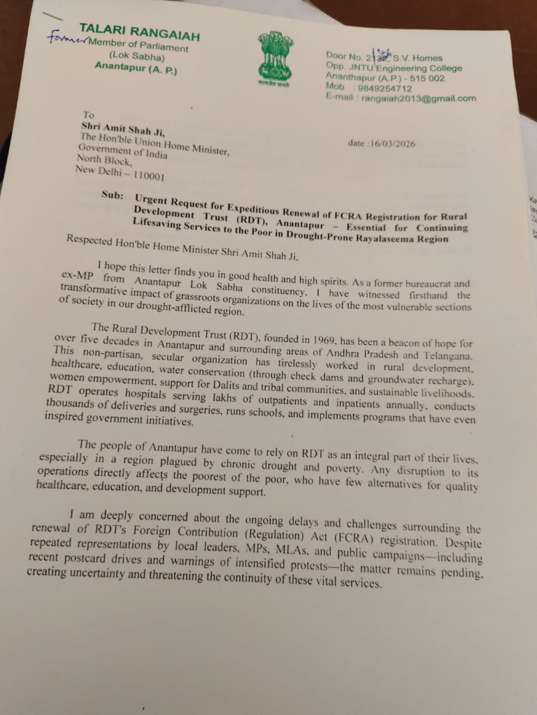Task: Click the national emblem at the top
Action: point(275,55)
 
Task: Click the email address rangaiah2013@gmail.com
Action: point(418,98)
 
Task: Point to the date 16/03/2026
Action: point(382,144)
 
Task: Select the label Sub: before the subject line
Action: point(112,196)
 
